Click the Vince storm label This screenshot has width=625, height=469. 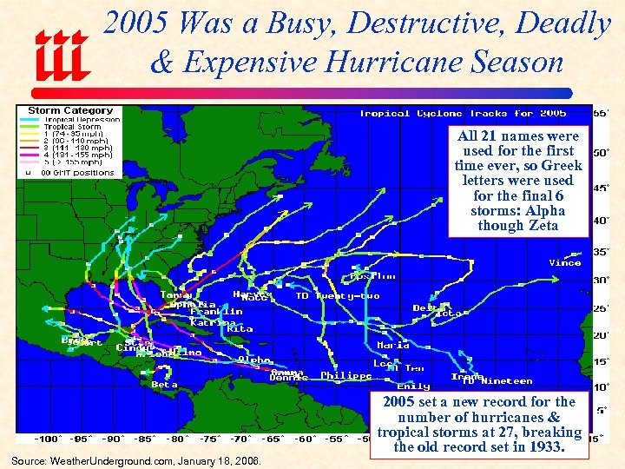tap(564, 263)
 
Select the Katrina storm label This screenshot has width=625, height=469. tap(213, 321)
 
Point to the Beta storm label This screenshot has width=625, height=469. tap(164, 385)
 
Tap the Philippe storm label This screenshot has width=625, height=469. tap(345, 376)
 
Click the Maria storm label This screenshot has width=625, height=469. tap(392, 346)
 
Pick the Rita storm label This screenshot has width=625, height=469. tap(240, 329)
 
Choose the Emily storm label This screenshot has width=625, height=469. tap(412, 386)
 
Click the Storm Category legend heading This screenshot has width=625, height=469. tap(70, 111)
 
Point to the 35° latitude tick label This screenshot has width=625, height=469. tap(600, 252)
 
